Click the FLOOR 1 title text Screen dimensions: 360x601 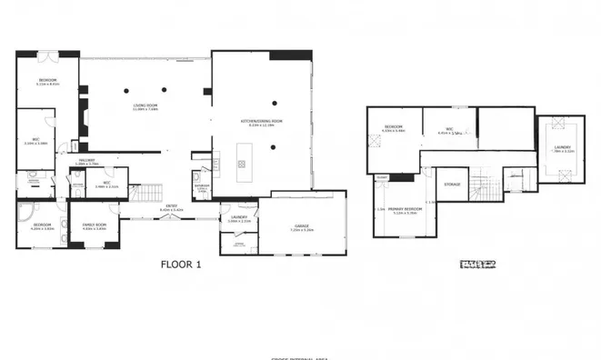click(180, 265)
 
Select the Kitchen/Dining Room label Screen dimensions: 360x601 click(262, 123)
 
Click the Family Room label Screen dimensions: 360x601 click(95, 225)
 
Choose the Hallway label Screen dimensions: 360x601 click(86, 162)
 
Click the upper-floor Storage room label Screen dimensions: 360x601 click(453, 185)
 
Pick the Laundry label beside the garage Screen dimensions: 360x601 click(239, 218)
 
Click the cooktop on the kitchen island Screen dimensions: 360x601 click(242, 165)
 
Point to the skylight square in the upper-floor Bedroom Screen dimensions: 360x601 click(375, 141)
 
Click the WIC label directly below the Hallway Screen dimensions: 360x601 click(106, 184)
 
